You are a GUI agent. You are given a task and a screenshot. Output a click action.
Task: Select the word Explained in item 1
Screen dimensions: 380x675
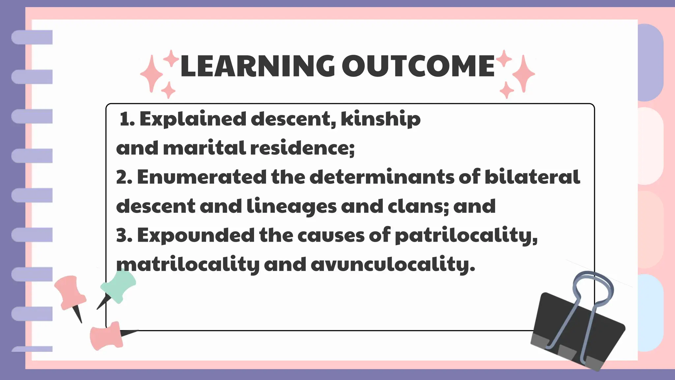click(x=193, y=119)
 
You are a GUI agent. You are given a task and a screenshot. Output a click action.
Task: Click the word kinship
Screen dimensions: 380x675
click(x=381, y=119)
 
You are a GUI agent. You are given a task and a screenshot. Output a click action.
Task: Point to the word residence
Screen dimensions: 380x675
click(x=302, y=148)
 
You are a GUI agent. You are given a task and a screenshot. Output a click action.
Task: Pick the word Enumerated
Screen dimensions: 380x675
click(x=201, y=177)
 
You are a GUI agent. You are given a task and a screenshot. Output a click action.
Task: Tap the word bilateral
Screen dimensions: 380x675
click(x=532, y=177)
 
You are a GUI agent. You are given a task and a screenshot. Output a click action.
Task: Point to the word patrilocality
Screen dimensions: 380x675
click(x=466, y=236)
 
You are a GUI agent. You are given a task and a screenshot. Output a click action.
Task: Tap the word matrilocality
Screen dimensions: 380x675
click(x=188, y=265)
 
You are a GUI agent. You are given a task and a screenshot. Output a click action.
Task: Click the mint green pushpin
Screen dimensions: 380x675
click(x=119, y=285)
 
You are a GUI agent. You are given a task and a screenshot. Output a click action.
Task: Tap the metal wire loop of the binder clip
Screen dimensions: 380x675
click(x=593, y=284)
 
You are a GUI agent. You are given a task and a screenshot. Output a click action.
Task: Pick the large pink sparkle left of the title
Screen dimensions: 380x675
click(x=152, y=73)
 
